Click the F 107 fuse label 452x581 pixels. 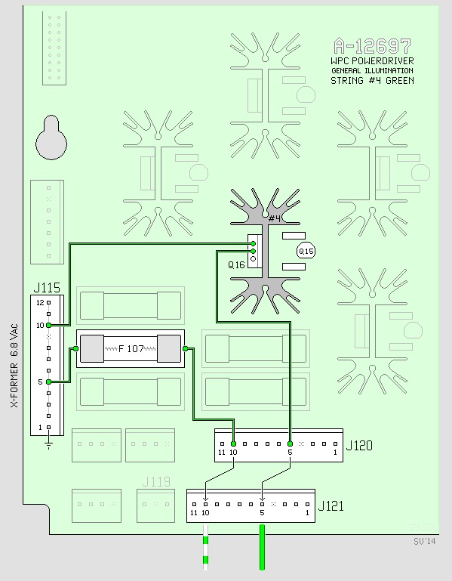click(x=131, y=348)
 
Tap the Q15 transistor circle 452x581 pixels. click(x=306, y=252)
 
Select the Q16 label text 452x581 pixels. click(x=236, y=265)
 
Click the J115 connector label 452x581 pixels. click(x=47, y=288)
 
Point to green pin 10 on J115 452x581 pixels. click(x=48, y=326)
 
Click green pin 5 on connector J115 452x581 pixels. click(x=48, y=382)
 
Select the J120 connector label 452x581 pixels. click(x=359, y=445)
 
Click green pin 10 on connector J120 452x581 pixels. click(x=233, y=444)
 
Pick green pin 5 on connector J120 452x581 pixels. click(x=291, y=444)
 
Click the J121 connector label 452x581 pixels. click(x=331, y=505)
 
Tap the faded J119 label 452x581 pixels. click(x=156, y=482)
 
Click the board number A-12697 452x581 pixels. click(x=373, y=46)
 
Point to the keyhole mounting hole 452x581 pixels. click(x=51, y=138)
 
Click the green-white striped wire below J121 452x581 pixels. click(x=206, y=547)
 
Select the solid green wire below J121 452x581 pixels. click(x=262, y=547)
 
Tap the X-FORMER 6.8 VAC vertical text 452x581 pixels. click(x=14, y=366)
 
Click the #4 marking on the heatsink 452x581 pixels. click(x=275, y=218)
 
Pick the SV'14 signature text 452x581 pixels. click(x=425, y=542)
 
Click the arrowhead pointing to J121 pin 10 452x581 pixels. click(x=206, y=499)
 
